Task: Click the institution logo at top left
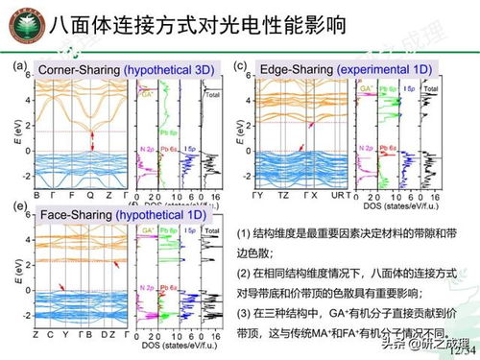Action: click(x=21, y=23)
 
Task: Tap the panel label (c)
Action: click(x=243, y=67)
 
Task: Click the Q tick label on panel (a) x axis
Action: click(x=89, y=193)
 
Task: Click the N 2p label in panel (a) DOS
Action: click(x=146, y=149)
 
